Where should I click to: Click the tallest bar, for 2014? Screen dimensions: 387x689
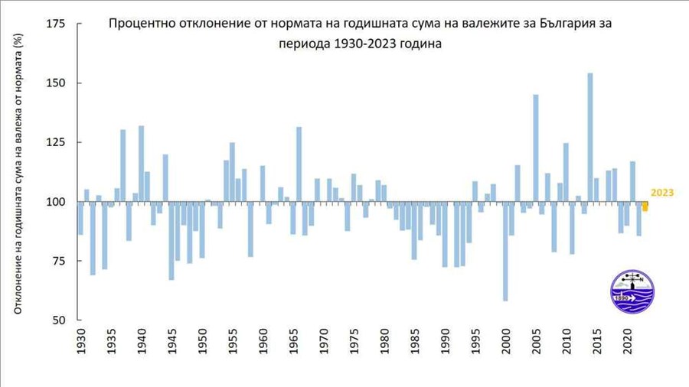click(589, 138)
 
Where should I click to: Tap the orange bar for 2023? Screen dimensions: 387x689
click(645, 207)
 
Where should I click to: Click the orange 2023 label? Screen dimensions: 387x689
click(661, 193)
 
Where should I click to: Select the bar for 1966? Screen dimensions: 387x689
click(299, 164)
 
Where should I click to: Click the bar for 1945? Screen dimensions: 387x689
click(171, 241)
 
